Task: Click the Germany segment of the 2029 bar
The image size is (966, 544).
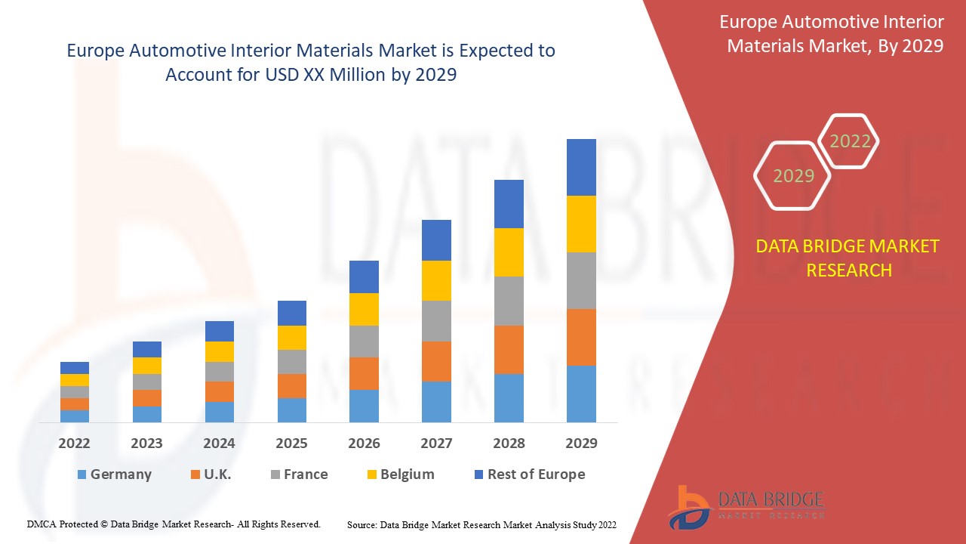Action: coord(581,394)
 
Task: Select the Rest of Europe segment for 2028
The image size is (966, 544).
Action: coord(509,204)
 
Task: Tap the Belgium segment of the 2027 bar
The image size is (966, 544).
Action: coord(436,280)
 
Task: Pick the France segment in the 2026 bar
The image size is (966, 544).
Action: coord(364,342)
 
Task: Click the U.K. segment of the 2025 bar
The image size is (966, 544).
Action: coord(292,386)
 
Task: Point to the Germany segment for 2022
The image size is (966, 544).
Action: coord(75,416)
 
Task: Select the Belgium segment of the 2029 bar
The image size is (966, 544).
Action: coord(581,224)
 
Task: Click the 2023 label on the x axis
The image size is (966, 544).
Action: coord(146,444)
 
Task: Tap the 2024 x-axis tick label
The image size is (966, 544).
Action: coord(219,444)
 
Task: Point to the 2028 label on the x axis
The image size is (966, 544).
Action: coord(509,444)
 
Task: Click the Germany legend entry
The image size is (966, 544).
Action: coord(114,474)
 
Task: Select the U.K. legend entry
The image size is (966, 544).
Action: coord(211,474)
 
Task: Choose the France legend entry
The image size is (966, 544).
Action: coord(299,474)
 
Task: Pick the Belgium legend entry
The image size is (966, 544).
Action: coord(400,474)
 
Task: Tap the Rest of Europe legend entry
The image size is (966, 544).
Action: coord(528,474)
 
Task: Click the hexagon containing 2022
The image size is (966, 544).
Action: coord(850,141)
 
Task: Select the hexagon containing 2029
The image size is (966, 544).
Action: coord(793,176)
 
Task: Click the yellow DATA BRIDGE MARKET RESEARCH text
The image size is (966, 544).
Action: coord(848,258)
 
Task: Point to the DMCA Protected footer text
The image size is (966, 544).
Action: coord(174,524)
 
